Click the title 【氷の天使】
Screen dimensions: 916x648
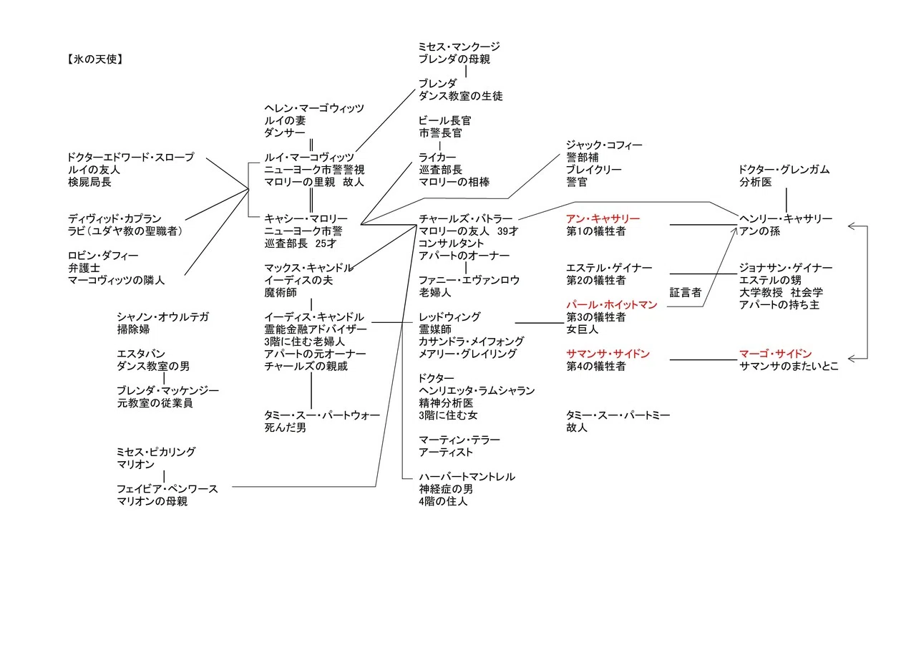click(x=95, y=59)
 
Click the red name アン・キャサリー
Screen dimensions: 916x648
click(x=603, y=219)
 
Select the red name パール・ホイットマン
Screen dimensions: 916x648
click(x=611, y=305)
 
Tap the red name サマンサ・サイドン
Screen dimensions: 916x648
click(x=608, y=354)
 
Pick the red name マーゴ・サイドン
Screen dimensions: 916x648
click(x=775, y=354)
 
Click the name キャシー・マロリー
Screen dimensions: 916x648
click(x=306, y=219)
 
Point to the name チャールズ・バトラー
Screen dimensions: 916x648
click(x=465, y=219)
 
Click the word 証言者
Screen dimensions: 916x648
click(x=686, y=293)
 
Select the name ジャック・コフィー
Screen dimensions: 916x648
click(x=604, y=145)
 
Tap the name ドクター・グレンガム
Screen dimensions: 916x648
click(x=784, y=170)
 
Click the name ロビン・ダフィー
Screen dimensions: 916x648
click(x=103, y=256)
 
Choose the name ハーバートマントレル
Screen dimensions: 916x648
click(x=467, y=477)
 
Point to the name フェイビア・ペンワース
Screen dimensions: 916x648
click(x=167, y=489)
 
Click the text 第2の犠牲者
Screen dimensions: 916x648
click(x=596, y=280)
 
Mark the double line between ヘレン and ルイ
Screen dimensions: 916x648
click(x=311, y=145)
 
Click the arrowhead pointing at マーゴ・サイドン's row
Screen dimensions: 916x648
click(x=852, y=359)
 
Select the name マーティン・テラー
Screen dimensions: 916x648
click(x=459, y=440)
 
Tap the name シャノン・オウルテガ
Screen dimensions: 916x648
click(x=162, y=317)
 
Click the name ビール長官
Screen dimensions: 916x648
click(x=445, y=121)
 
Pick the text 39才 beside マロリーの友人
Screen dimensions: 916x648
click(x=507, y=231)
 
